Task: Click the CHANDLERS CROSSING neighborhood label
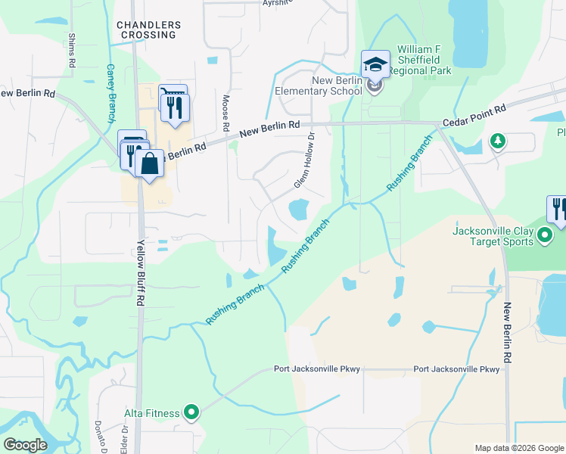pyautogui.click(x=149, y=30)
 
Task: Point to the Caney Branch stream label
pyautogui.click(x=111, y=93)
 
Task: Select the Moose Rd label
pyautogui.click(x=225, y=110)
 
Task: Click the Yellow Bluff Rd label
pyautogui.click(x=141, y=273)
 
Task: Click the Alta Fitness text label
pyautogui.click(x=152, y=413)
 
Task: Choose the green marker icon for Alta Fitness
pyautogui.click(x=191, y=412)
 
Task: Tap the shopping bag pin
pyautogui.click(x=151, y=163)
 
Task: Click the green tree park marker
pyautogui.click(x=497, y=141)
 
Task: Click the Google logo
pyautogui.click(x=25, y=445)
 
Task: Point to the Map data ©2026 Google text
pyautogui.click(x=519, y=448)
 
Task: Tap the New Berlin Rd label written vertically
pyautogui.click(x=509, y=332)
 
